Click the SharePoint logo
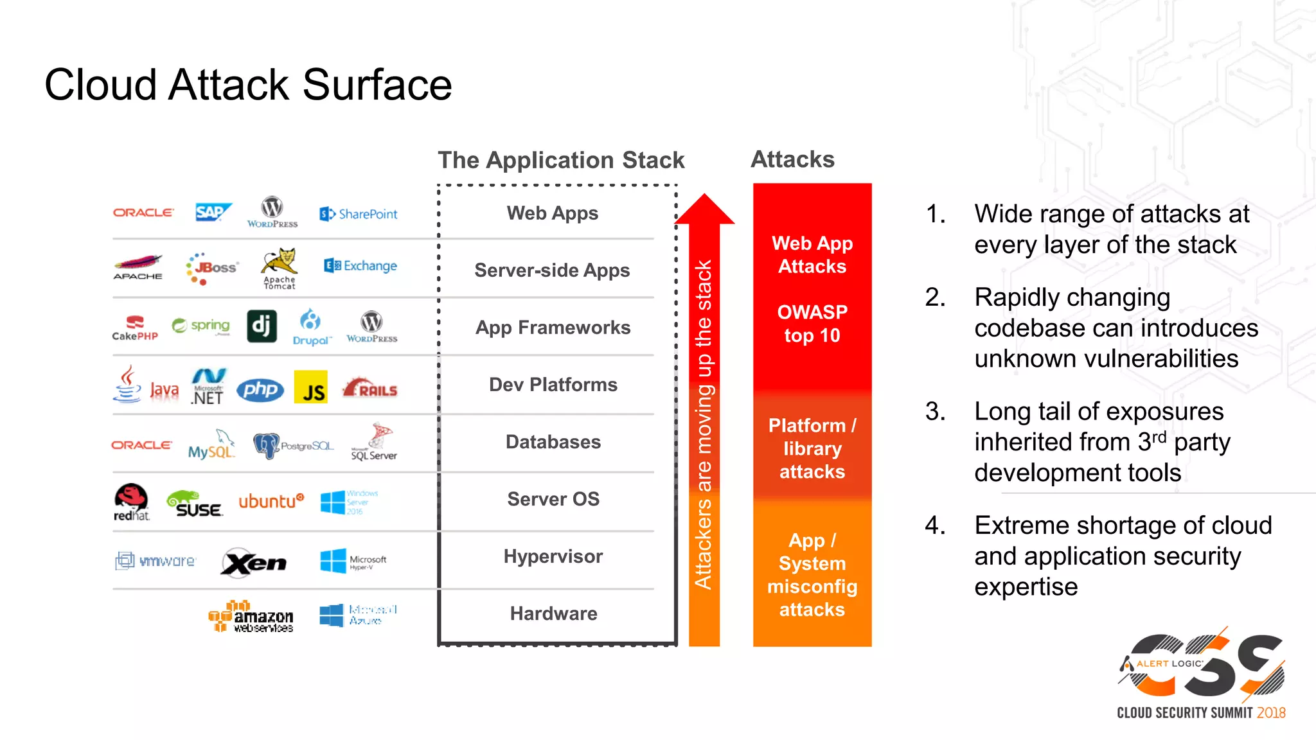coord(359,214)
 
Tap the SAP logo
coord(212,212)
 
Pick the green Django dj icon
coord(262,326)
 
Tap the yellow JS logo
coord(311,387)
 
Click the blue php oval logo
coord(260,389)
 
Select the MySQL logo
coord(211,445)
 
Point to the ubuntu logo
coord(271,501)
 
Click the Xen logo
coord(254,563)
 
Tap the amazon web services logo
coord(251,617)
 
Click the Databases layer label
coord(553,442)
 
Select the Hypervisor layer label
coord(553,556)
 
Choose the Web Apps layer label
coord(552,213)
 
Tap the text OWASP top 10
coord(812,324)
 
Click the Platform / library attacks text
coord(812,448)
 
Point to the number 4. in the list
coord(935,525)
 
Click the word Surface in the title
coord(377,85)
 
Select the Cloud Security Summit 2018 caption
coord(1201,713)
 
